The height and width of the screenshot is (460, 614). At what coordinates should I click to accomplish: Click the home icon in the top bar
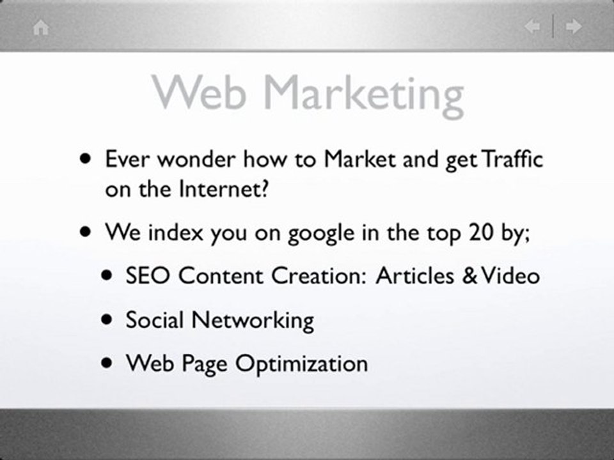[41, 27]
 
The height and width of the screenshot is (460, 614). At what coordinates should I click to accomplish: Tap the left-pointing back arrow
[532, 27]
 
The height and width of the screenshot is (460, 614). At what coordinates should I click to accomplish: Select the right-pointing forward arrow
[574, 27]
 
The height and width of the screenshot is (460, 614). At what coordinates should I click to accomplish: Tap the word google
[320, 234]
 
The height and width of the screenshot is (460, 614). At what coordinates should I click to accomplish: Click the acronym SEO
[148, 276]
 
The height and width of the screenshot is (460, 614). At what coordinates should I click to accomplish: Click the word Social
[154, 319]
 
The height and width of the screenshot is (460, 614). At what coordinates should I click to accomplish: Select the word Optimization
[301, 364]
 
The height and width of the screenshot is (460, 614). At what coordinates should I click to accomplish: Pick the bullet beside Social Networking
[108, 319]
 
